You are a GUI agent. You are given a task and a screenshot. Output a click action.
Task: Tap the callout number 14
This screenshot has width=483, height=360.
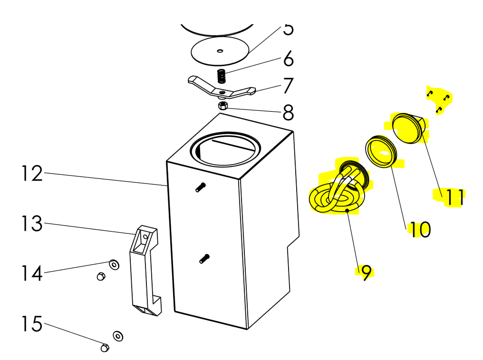[31, 273]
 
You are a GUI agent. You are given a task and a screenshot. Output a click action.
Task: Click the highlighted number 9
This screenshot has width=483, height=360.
[366, 272]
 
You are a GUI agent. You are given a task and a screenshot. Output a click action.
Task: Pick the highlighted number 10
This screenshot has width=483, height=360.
[421, 229]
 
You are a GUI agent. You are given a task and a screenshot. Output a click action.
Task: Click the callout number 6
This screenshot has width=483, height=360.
[288, 60]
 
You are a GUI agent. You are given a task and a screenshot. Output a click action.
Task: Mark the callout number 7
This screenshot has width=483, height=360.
[288, 86]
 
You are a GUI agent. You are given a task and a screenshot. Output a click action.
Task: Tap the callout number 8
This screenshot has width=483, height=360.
[288, 113]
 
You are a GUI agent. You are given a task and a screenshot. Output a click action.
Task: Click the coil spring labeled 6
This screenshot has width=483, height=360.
[221, 76]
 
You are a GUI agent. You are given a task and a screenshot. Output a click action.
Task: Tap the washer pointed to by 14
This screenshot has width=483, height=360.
[114, 263]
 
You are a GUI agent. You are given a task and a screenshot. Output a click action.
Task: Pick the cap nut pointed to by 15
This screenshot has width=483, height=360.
[105, 348]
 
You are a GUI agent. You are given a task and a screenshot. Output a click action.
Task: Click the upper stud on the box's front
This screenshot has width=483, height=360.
[201, 187]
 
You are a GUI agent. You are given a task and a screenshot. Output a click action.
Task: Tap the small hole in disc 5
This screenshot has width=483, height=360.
[220, 50]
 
